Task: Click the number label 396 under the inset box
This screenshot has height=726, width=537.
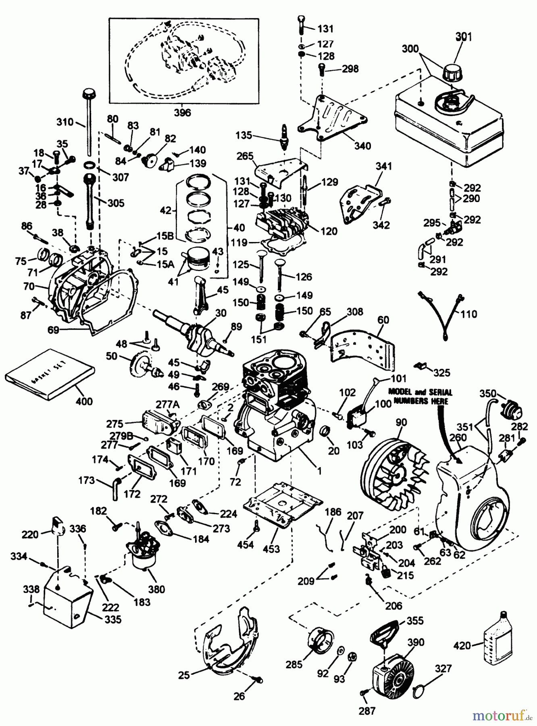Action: pos(183,113)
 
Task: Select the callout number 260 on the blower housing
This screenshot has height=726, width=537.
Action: pos(458,438)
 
